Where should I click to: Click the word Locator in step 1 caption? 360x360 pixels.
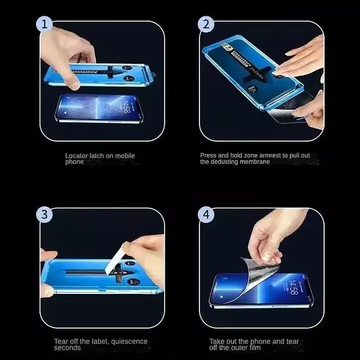(x=76, y=156)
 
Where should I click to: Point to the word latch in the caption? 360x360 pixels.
(x=96, y=156)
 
